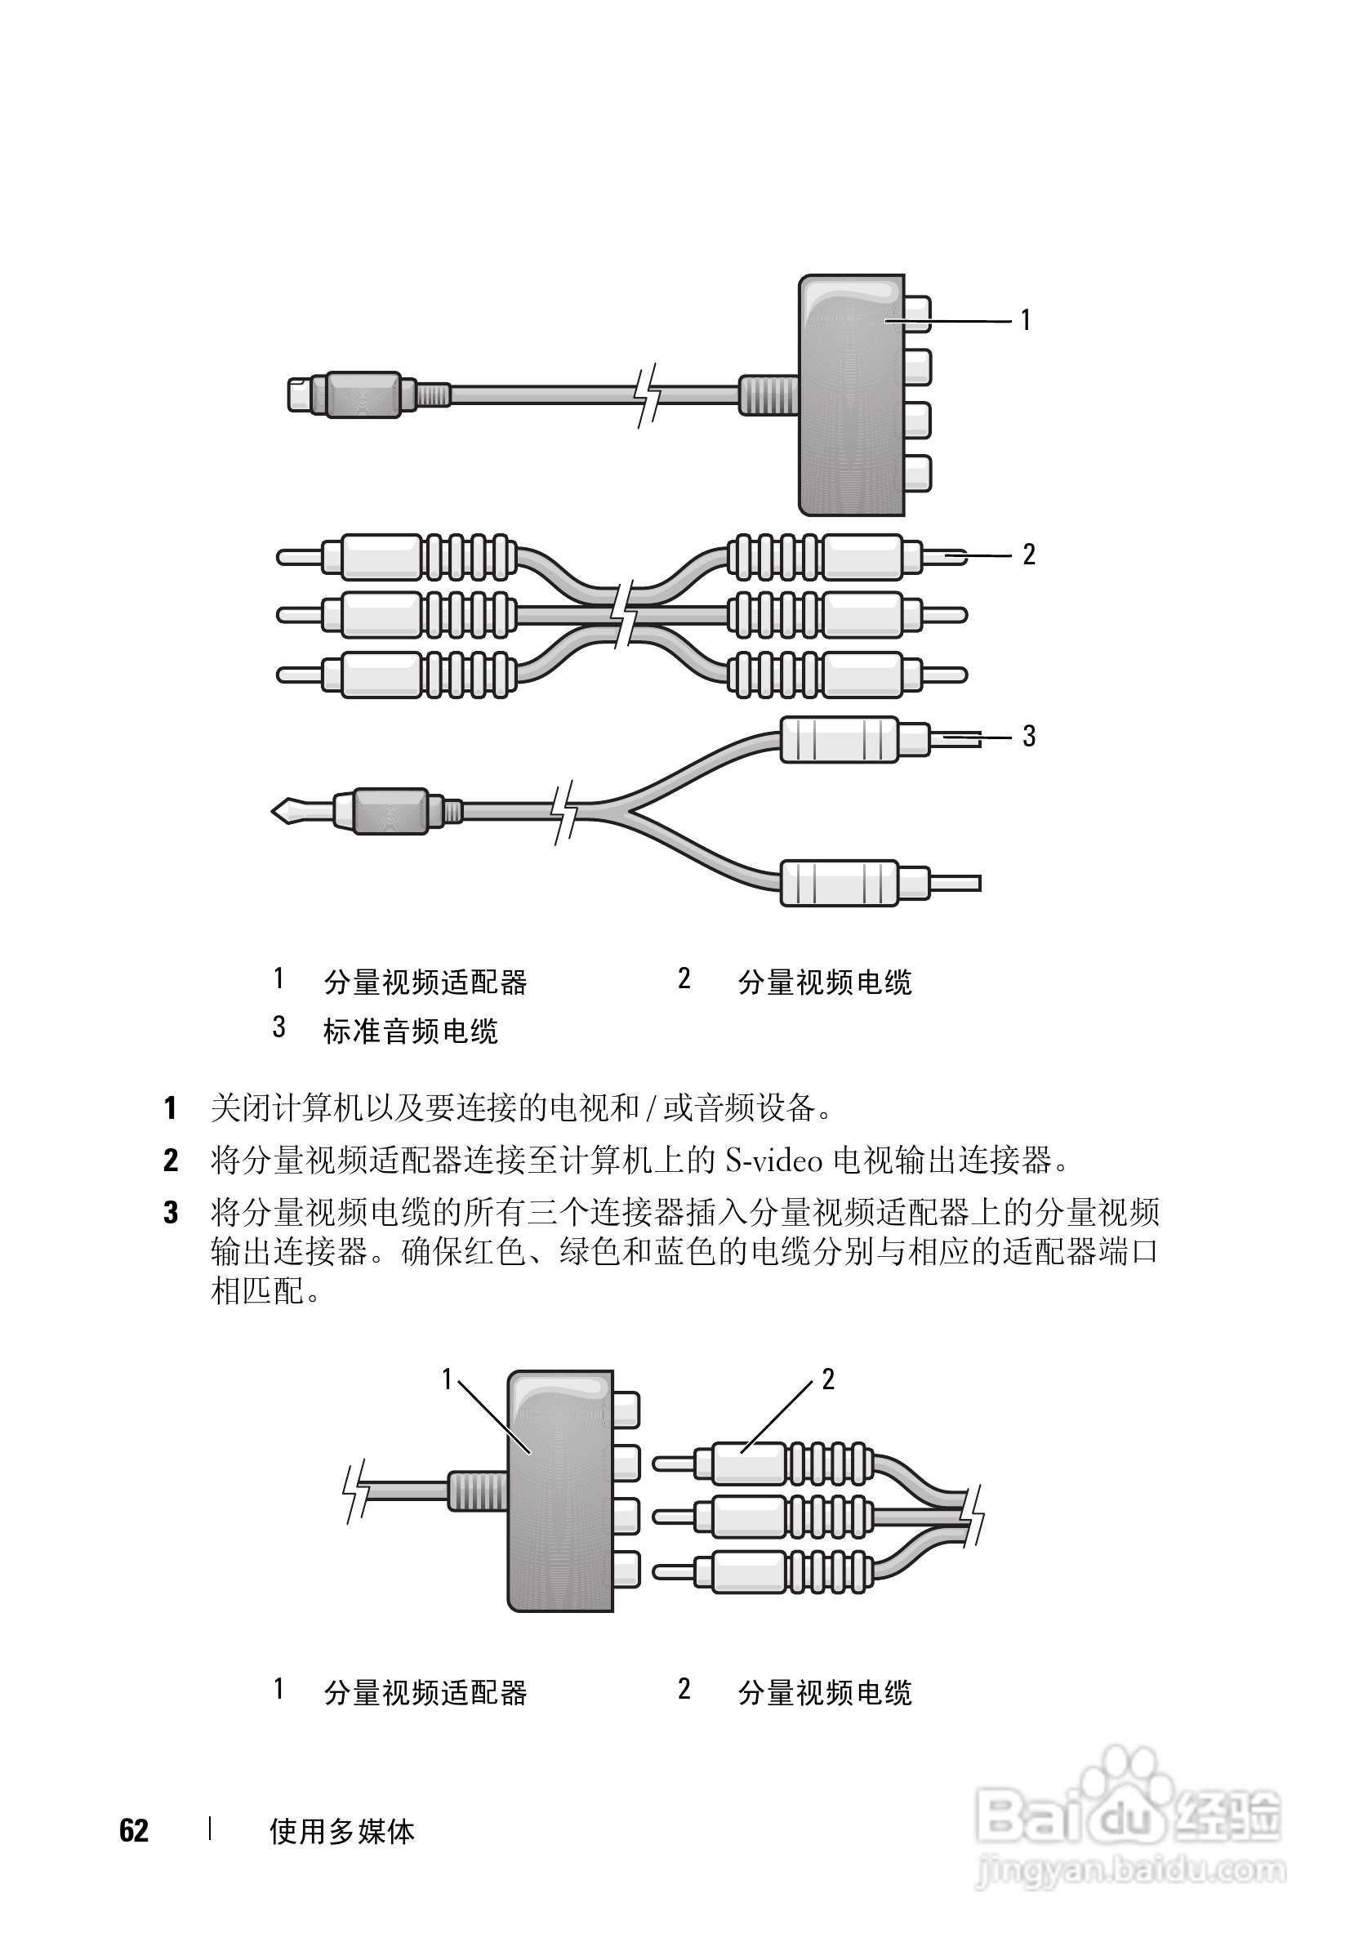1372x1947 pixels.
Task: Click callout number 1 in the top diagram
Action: (x=1025, y=319)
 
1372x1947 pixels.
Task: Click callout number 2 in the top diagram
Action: (x=1028, y=555)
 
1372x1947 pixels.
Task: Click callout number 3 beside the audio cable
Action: (x=1028, y=736)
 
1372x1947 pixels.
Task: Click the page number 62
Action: (x=134, y=1831)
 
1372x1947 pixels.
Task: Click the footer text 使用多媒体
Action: (x=341, y=1832)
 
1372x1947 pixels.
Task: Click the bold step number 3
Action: (x=171, y=1214)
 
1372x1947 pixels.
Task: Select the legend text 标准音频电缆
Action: (x=411, y=1031)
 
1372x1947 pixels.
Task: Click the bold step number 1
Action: (x=171, y=1107)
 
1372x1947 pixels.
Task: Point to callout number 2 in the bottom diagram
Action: (x=827, y=1379)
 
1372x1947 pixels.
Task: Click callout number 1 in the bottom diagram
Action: (x=447, y=1379)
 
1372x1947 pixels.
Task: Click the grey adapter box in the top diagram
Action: (x=850, y=399)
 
